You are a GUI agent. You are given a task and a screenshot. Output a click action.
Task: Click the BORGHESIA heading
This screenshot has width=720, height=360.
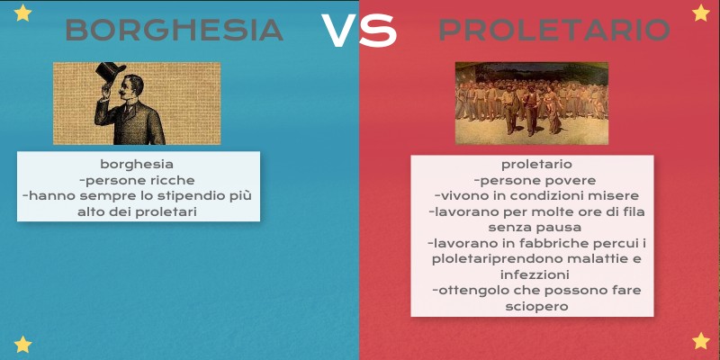click(175, 31)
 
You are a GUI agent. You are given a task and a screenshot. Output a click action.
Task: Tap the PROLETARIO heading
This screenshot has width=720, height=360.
click(553, 31)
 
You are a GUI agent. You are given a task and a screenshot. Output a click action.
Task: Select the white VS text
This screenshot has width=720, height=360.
click(359, 31)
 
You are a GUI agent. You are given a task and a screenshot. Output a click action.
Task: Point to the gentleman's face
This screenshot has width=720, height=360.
click(135, 88)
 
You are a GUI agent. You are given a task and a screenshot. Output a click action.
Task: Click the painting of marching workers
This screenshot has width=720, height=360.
click(531, 103)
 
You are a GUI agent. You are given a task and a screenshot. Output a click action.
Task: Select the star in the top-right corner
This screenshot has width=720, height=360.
click(700, 13)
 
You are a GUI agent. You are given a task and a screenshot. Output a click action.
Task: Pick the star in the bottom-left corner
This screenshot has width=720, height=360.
click(23, 344)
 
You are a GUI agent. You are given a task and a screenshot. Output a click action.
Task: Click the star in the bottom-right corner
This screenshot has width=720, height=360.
click(700, 341)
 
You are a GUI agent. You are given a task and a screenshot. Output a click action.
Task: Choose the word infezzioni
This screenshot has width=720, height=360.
click(532, 274)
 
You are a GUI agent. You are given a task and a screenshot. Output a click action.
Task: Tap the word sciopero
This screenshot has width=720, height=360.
click(532, 306)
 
